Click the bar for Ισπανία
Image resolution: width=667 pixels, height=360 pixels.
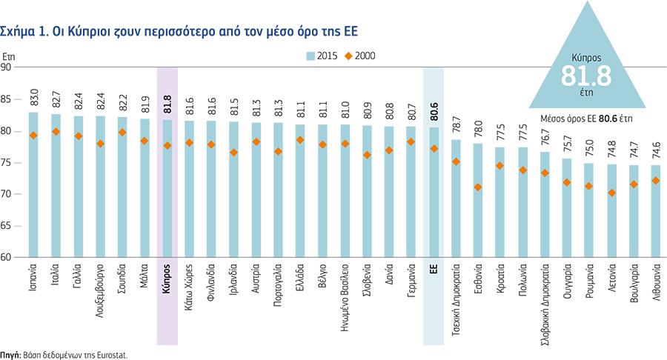[x=33, y=185]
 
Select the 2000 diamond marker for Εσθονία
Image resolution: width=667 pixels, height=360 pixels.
[x=478, y=187]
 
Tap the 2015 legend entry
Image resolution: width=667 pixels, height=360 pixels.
[x=322, y=56]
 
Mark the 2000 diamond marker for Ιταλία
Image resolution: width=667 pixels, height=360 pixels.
[x=56, y=132]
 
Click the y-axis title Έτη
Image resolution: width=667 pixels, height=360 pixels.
[x=8, y=56]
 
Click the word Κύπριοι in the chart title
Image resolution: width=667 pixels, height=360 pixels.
[x=84, y=30]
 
